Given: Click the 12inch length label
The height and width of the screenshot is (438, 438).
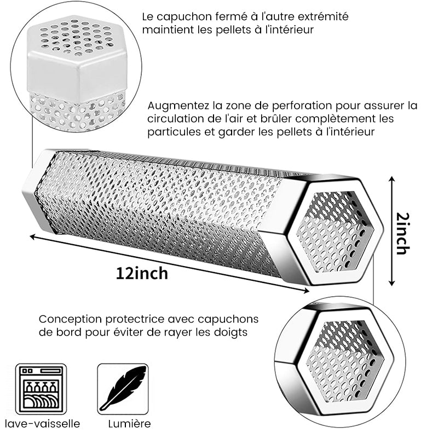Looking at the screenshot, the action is click(x=142, y=273).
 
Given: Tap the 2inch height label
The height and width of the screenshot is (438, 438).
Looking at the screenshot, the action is click(x=403, y=234).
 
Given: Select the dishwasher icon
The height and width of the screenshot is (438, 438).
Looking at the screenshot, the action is click(x=41, y=389).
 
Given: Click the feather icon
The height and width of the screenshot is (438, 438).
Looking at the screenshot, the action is click(x=123, y=389).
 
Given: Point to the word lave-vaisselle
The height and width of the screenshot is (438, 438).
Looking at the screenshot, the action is click(x=43, y=423).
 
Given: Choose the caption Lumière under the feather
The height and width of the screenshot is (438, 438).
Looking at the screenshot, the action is click(x=130, y=423).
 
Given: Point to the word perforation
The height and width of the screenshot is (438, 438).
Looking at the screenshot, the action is click(x=302, y=106).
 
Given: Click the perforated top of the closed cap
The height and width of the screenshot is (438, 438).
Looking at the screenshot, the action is click(x=77, y=36).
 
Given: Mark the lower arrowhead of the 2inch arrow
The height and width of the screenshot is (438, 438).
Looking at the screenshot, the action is click(x=392, y=283).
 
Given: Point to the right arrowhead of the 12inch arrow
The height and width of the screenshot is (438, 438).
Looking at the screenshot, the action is click(x=306, y=291).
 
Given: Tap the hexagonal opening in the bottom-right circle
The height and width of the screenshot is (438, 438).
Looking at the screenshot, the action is click(x=344, y=361).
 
